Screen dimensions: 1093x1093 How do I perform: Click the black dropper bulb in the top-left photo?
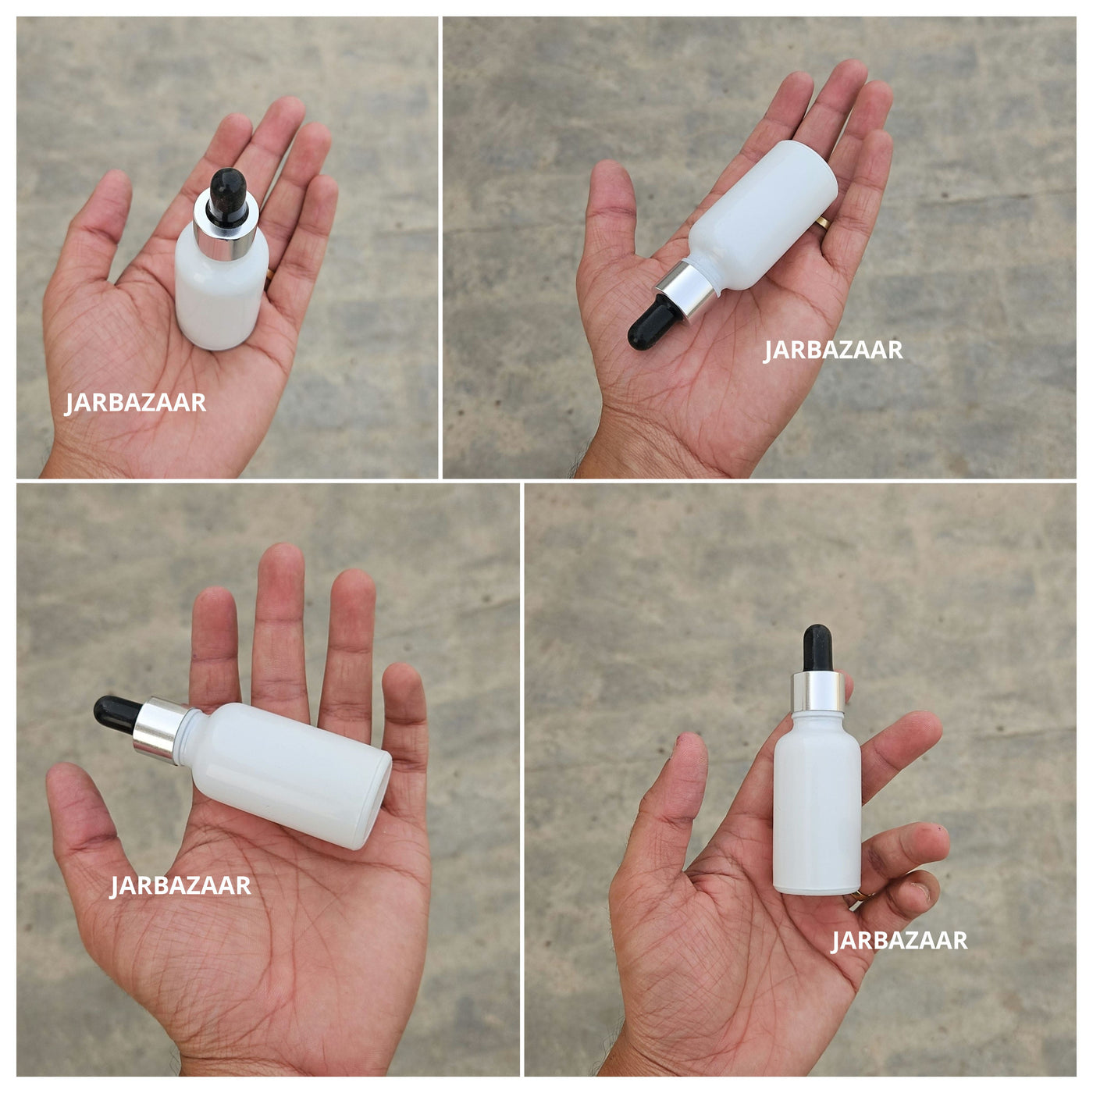[228, 197]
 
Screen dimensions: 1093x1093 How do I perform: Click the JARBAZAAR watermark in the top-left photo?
[135, 404]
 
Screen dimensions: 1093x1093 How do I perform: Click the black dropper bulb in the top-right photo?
[654, 322]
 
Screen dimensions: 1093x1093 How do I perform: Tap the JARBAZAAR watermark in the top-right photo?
[833, 350]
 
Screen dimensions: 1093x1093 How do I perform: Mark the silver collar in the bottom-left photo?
[161, 729]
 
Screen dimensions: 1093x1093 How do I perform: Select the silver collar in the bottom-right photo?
[817, 692]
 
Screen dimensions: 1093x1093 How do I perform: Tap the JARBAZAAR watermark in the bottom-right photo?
[899, 941]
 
